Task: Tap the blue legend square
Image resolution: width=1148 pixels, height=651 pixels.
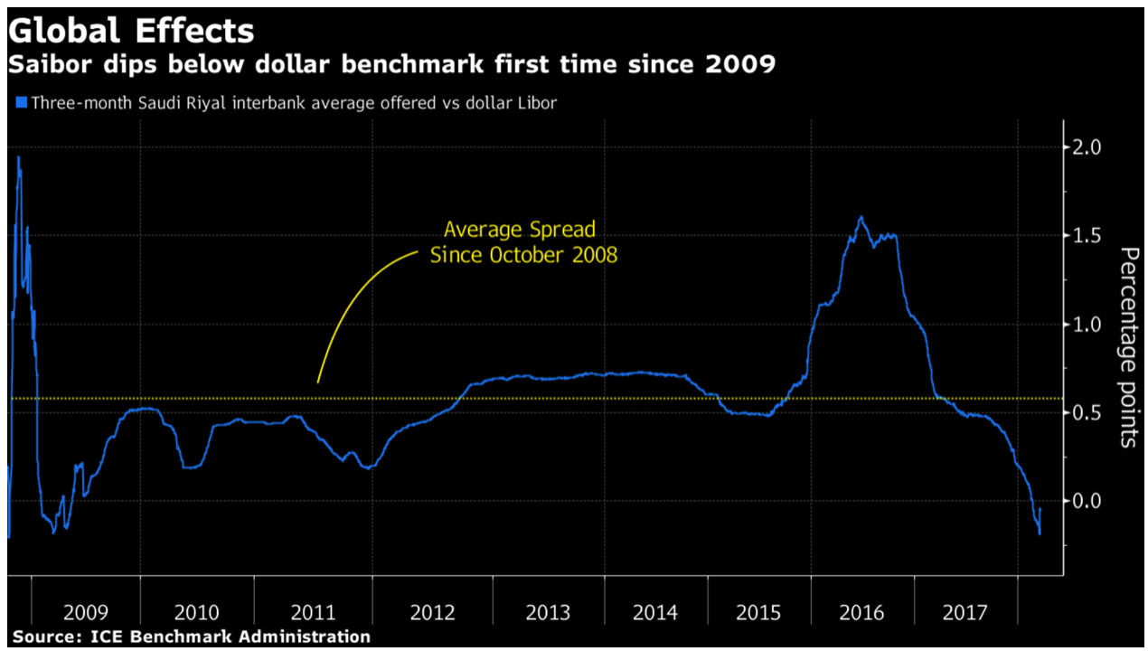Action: [21, 103]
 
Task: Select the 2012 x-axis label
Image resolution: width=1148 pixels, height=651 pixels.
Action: [432, 613]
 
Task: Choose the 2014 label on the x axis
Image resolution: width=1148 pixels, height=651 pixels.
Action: [655, 613]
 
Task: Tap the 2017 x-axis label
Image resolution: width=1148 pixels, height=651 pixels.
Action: [965, 613]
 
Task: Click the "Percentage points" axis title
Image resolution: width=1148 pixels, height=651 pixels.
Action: [1127, 346]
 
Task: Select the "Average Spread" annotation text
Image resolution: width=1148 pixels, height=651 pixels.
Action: [519, 230]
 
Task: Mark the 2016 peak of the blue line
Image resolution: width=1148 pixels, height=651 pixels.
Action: [861, 217]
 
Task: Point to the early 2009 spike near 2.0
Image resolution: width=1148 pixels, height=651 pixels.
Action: [18, 158]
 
